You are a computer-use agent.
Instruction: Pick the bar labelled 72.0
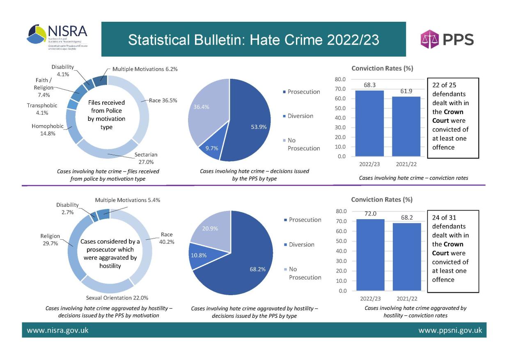[x=370, y=255]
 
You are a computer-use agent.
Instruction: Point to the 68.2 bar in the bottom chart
[x=406, y=257]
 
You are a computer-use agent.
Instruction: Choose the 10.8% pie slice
[x=199, y=255]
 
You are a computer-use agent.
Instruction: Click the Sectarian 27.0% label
[x=146, y=158]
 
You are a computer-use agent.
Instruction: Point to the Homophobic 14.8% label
[x=45, y=130]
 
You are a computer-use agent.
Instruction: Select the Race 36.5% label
[x=163, y=100]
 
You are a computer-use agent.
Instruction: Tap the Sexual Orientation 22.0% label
[x=117, y=298]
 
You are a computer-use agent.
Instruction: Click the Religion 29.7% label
[x=50, y=240]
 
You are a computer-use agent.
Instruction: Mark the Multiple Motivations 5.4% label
[x=127, y=200]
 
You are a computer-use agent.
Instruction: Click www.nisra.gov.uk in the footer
[x=57, y=330]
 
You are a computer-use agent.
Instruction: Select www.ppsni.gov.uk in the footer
[x=450, y=330]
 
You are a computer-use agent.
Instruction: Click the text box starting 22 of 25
[x=453, y=118]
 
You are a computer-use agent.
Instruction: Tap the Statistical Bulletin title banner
[x=253, y=40]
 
